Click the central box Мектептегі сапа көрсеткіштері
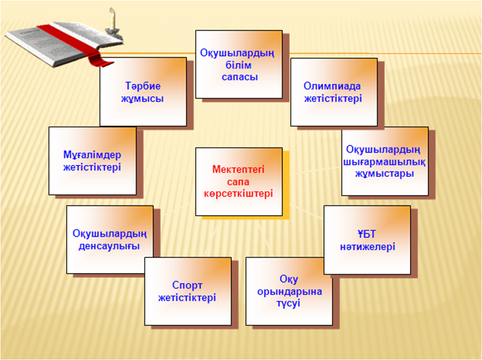tap(239, 181)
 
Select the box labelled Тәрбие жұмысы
tap(143, 91)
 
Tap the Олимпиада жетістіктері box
tap(334, 92)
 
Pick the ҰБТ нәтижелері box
tap(367, 240)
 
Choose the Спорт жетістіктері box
tap(188, 291)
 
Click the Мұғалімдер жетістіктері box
tap(92, 161)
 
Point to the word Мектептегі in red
tap(238, 170)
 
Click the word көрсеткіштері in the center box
tap(238, 194)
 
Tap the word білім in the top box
tap(239, 65)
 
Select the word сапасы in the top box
tap(240, 77)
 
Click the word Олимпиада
tap(332, 86)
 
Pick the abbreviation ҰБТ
tap(367, 234)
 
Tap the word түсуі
tap(288, 304)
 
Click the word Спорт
tap(187, 285)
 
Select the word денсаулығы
tap(109, 246)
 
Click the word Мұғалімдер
tap(92, 155)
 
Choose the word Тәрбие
tap(143, 86)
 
